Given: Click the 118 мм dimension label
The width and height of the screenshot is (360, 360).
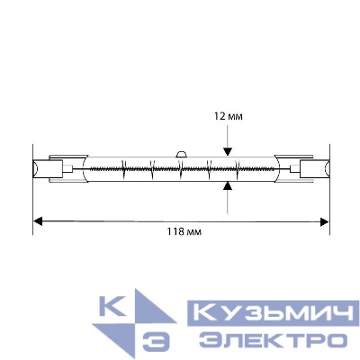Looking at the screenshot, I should click(181, 232).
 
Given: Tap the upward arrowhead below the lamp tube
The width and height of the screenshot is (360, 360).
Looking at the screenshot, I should click(229, 185).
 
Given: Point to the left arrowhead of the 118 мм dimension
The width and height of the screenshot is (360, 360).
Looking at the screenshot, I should click(39, 219).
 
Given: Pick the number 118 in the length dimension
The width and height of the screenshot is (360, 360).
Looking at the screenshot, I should click(175, 232).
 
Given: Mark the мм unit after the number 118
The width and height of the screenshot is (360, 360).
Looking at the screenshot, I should click(191, 232).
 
